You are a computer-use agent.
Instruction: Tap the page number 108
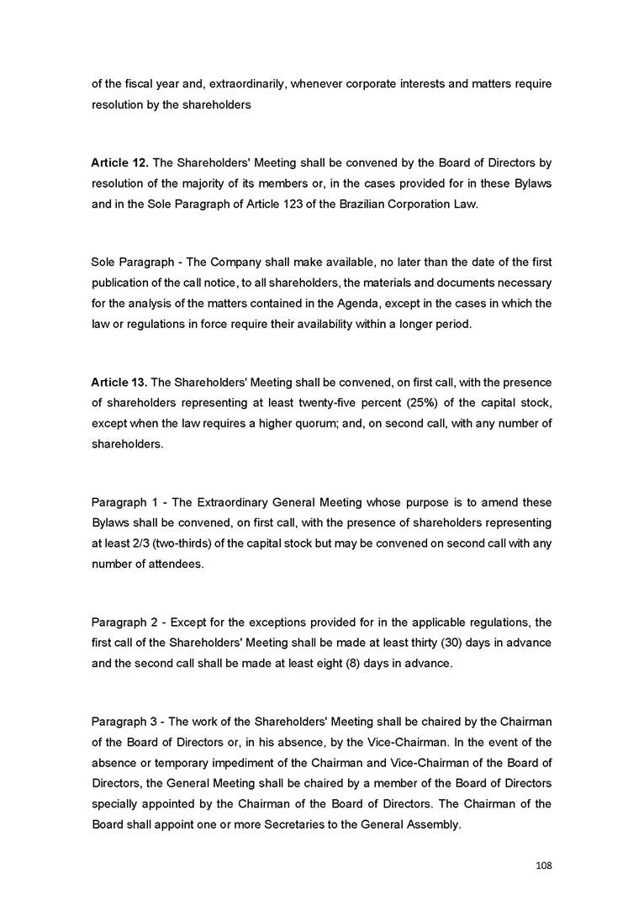[x=543, y=865]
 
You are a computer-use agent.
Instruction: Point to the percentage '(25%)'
[x=400, y=404]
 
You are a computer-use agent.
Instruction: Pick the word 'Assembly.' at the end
[x=434, y=825]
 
